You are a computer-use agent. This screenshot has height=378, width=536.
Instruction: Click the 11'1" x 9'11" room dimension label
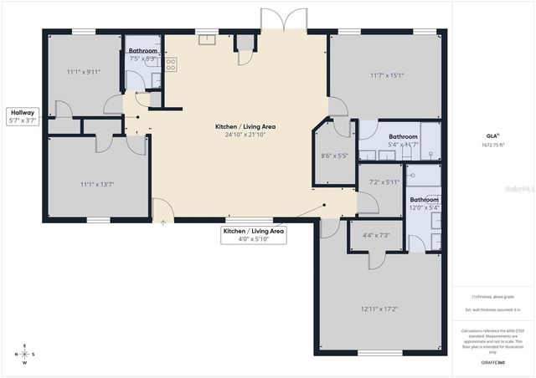click(84, 72)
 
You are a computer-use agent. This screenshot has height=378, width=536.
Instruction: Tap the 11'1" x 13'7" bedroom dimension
click(96, 184)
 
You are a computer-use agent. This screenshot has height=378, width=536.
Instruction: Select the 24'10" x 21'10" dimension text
click(245, 135)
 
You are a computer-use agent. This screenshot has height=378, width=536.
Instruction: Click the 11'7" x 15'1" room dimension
click(387, 76)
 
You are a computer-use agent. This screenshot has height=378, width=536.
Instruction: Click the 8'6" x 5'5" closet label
click(334, 156)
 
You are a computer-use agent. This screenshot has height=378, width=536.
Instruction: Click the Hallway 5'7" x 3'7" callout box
click(23, 116)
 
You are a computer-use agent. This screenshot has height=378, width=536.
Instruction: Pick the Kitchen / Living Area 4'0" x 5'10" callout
click(254, 235)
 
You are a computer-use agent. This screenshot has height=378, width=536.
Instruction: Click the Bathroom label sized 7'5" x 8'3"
click(143, 55)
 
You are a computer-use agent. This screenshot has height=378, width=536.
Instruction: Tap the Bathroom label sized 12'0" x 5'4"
click(424, 204)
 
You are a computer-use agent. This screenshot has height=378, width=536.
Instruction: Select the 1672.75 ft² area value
click(492, 146)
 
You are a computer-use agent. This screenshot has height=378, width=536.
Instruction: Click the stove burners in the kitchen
click(171, 63)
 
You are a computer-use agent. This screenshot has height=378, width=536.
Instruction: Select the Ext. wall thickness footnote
click(492, 310)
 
